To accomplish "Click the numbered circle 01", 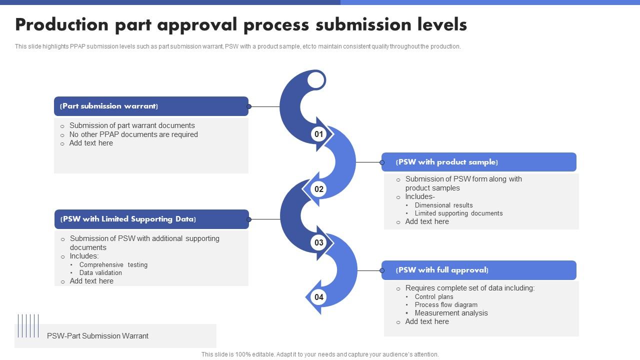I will click(318, 134).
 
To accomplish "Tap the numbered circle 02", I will click(318, 189).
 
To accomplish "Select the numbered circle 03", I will click(318, 243).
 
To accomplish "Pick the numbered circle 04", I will click(318, 297).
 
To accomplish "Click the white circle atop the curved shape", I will click(316, 80).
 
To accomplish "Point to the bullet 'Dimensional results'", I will click(443, 205).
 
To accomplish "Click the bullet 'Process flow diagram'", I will click(446, 304).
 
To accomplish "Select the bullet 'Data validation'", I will click(100, 272).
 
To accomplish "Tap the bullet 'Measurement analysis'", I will click(451, 313).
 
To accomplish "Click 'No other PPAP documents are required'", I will click(133, 134).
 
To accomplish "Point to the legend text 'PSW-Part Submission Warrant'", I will click(97, 336).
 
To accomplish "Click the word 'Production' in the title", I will click(61, 24).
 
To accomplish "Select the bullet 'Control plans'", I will click(434, 296).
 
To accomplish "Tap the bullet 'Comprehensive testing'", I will click(113, 264).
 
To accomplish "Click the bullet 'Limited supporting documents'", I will click(458, 213).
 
